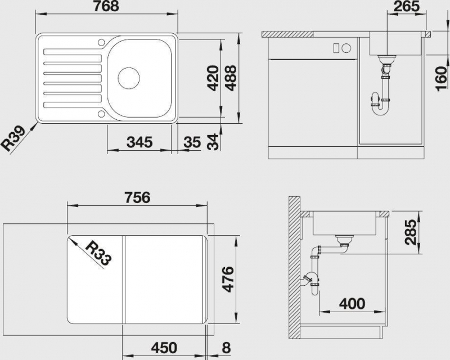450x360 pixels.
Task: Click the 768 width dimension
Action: coord(106,6)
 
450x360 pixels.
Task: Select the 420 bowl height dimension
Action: coord(213,78)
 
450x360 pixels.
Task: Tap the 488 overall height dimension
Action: coord(231,78)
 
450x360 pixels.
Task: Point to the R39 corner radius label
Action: coord(14,139)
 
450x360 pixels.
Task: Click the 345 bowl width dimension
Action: coord(139,142)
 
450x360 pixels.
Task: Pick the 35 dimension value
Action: coord(192,142)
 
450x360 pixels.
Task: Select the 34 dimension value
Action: coord(213,142)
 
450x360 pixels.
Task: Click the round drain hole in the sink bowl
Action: coord(129,78)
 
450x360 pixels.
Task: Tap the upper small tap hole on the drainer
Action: coord(101,42)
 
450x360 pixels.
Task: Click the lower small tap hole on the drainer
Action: coord(101,114)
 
